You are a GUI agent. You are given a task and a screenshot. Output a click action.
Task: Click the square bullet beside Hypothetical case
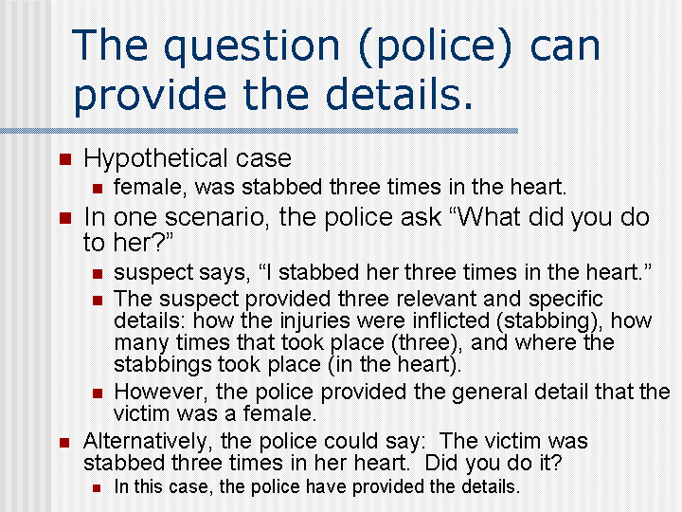tap(63, 158)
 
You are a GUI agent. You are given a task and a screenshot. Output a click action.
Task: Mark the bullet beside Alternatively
tap(63, 442)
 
